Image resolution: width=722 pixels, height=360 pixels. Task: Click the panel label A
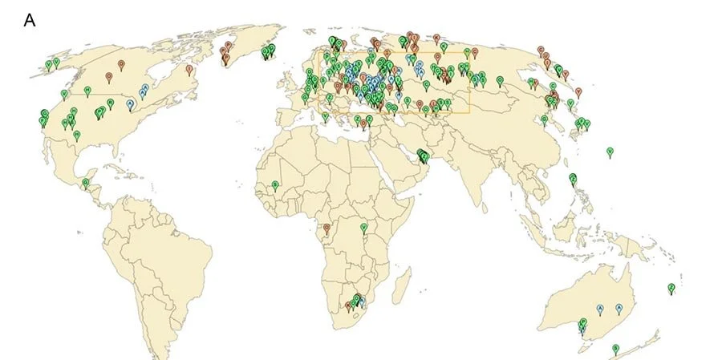pyautogui.click(x=30, y=21)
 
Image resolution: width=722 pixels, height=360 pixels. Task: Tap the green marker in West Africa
pyautogui.click(x=275, y=186)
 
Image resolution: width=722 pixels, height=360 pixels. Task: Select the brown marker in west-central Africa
pyautogui.click(x=326, y=229)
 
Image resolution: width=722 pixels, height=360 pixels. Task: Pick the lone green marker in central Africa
pyautogui.click(x=363, y=228)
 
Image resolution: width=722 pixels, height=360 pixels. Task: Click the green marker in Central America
pyautogui.click(x=86, y=183)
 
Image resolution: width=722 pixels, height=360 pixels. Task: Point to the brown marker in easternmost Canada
pyautogui.click(x=189, y=69)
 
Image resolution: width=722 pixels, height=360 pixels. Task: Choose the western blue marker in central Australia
pyautogui.click(x=600, y=309)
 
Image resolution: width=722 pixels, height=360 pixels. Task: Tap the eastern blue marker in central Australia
pyautogui.click(x=619, y=309)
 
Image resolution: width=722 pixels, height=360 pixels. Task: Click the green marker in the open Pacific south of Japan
pyautogui.click(x=610, y=151)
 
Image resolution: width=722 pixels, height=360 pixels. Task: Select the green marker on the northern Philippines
pyautogui.click(x=573, y=178)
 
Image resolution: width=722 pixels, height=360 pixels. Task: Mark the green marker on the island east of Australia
pyautogui.click(x=671, y=288)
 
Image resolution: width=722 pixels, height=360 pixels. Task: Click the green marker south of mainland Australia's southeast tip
pyautogui.click(x=615, y=348)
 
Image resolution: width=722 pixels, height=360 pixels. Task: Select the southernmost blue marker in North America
pyautogui.click(x=130, y=103)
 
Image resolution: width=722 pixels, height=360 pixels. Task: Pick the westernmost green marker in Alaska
pyautogui.click(x=48, y=64)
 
